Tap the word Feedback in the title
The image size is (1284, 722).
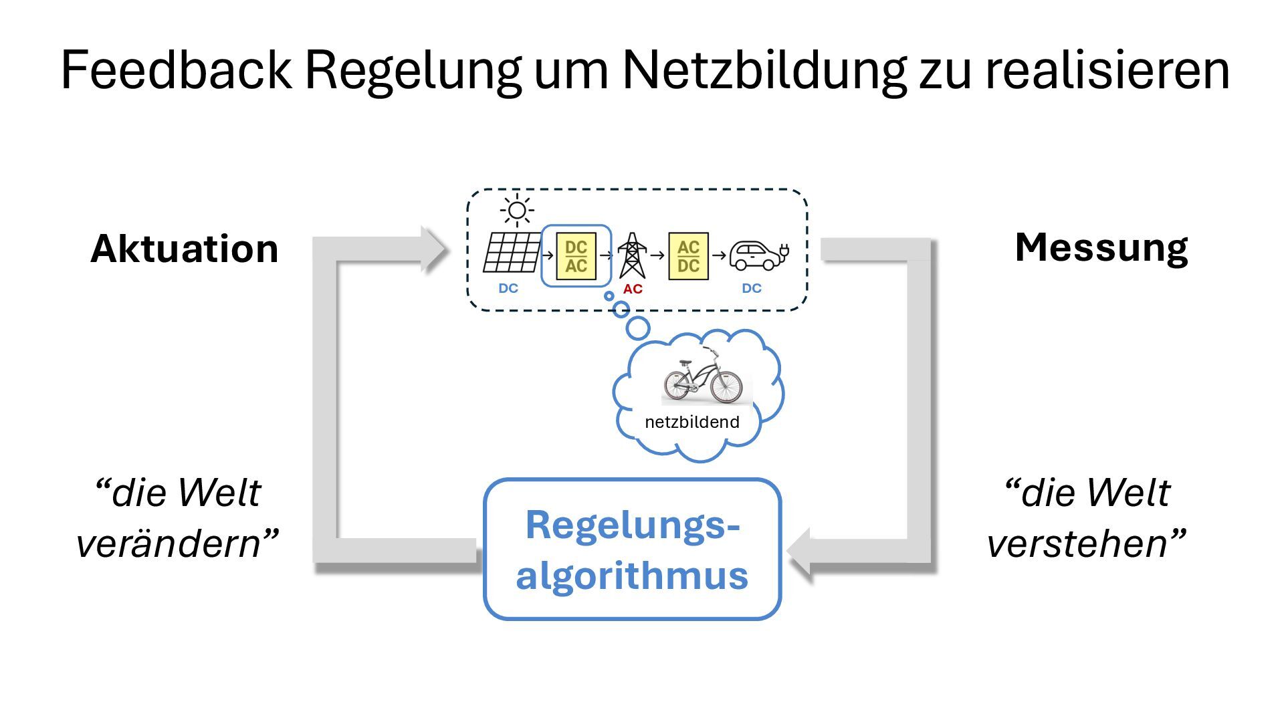pos(176,70)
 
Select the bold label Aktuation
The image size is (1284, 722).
pos(184,249)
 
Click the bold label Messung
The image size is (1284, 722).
pos(1101,247)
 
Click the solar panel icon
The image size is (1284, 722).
pos(512,252)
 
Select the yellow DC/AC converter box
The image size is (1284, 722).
pos(576,256)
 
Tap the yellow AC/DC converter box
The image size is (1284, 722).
pos(688,256)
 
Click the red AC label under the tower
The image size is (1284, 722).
pos(632,289)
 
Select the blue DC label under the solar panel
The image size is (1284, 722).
pos(508,288)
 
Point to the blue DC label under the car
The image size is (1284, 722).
pos(751,288)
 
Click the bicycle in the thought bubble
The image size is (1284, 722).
pos(704,378)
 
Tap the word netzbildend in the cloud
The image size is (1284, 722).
pos(691,422)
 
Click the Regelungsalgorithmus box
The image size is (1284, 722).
pos(632,550)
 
